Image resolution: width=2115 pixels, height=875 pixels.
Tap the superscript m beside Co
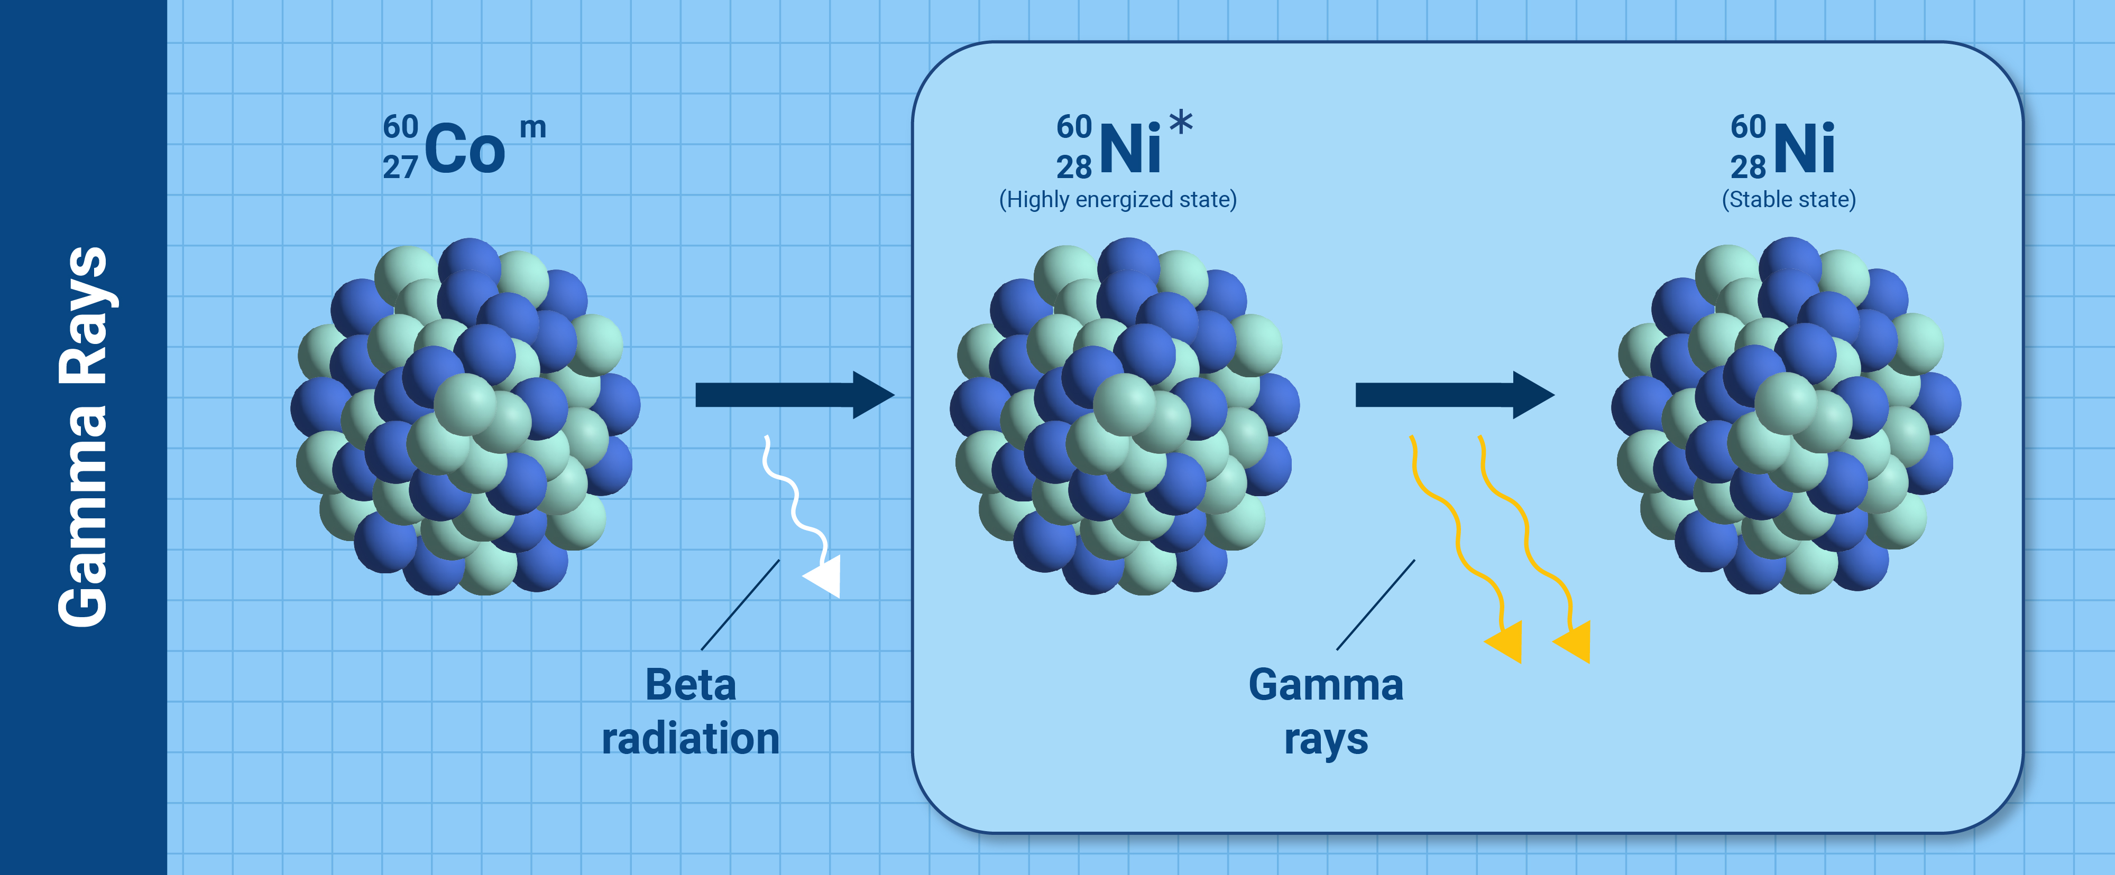(533, 128)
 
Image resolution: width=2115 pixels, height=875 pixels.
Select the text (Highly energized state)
(1117, 199)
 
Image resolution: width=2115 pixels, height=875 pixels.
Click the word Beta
(691, 685)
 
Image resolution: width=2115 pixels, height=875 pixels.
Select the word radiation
(691, 738)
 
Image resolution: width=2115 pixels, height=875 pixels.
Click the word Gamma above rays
(1326, 685)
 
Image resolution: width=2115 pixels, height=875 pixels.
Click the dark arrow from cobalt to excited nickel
(795, 395)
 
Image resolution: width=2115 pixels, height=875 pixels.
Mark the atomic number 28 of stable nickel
(1748, 167)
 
